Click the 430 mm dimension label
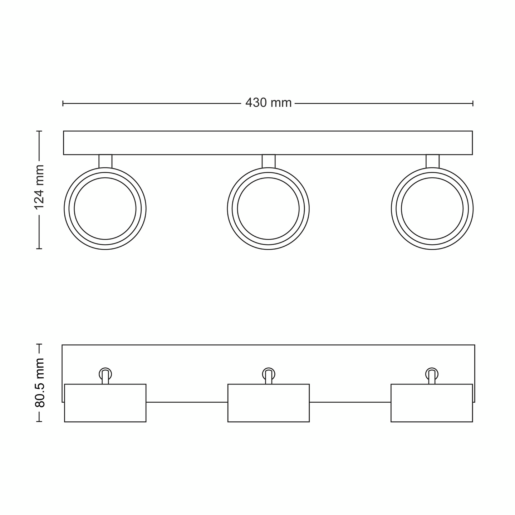click(x=268, y=103)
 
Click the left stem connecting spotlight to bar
click(x=105, y=161)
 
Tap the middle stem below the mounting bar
click(x=268, y=161)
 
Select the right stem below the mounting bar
click(x=432, y=161)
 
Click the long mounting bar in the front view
click(x=268, y=143)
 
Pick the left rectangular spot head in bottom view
click(x=105, y=403)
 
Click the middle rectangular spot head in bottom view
click(x=268, y=403)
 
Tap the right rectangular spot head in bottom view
click(x=432, y=403)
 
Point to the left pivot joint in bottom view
click(x=105, y=374)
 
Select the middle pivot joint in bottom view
click(x=268, y=374)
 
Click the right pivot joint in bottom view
click(x=432, y=374)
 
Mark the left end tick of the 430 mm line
click(x=63, y=103)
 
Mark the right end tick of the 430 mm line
click(x=473, y=103)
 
